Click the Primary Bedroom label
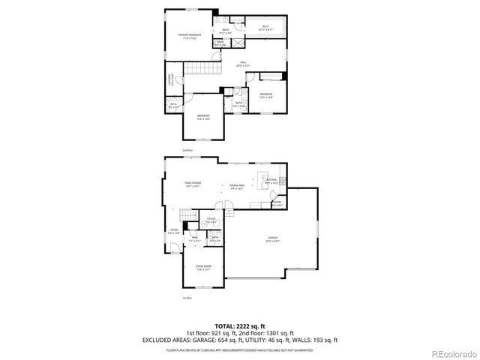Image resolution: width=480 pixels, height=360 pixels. point(187,37)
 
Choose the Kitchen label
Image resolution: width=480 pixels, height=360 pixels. point(271,181)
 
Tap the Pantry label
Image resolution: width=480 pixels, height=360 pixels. point(276,202)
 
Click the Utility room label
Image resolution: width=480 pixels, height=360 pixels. point(211,220)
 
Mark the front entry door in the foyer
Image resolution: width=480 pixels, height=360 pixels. point(172,248)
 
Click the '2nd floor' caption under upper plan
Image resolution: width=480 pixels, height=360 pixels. point(187,151)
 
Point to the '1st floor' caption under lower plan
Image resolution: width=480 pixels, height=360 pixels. point(187,298)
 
